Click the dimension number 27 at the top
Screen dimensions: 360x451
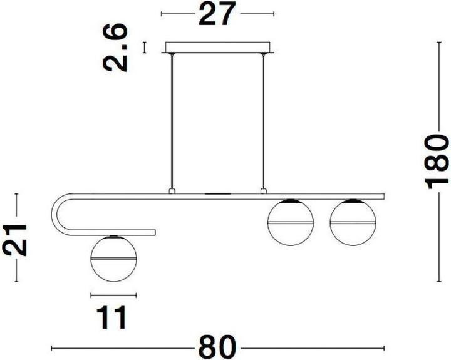coord(217,14)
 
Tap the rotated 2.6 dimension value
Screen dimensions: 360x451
coord(118,47)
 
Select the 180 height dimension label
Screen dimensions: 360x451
coord(437,161)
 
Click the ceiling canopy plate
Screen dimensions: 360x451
coord(217,48)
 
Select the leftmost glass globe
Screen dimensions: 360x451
coord(113,258)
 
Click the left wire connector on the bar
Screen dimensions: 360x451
coord(171,190)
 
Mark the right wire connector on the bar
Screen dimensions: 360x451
coord(264,190)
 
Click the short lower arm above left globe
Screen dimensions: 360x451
coord(125,232)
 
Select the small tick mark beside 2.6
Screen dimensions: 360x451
coord(145,48)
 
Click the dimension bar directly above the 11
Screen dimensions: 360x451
coord(113,295)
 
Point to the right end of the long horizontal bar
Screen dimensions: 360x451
coord(382,196)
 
